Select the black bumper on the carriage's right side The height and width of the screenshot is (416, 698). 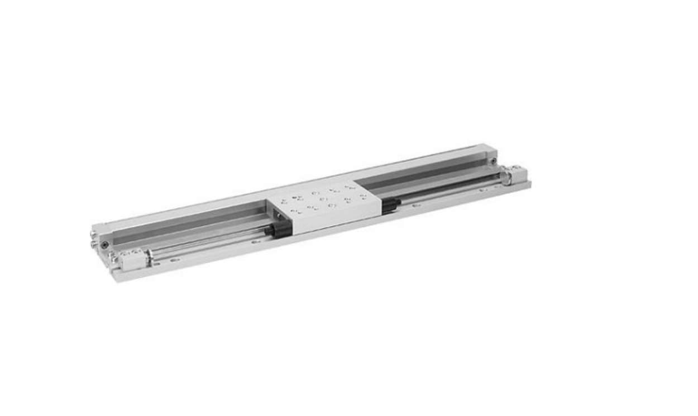(x=390, y=205)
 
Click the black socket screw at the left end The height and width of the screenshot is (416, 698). (x=104, y=244)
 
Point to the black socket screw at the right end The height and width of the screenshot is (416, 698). (x=494, y=162)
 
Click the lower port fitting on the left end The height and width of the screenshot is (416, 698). (x=94, y=244)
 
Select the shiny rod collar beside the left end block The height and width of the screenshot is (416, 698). (x=149, y=256)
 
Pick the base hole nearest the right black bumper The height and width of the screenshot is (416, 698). (x=416, y=205)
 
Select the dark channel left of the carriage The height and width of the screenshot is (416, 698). (x=190, y=223)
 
